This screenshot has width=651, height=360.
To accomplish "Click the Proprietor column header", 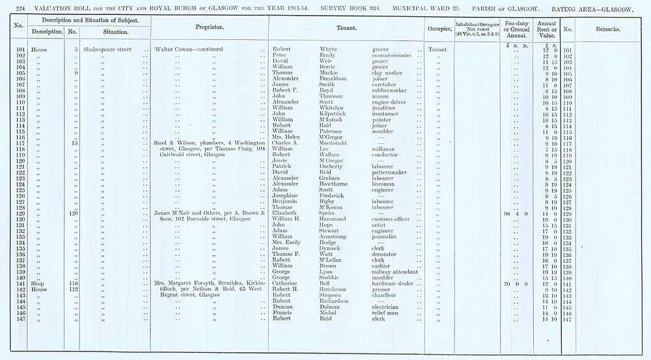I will [x=210, y=29].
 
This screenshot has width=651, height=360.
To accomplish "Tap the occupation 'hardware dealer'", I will [x=394, y=284].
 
